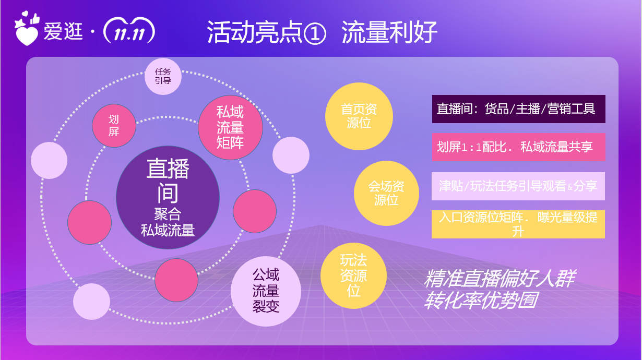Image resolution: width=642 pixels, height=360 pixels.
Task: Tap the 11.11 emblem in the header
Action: coord(129,31)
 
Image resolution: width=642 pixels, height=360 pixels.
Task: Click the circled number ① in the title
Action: coord(315,33)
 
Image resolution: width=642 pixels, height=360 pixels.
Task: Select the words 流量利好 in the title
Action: coord(389,32)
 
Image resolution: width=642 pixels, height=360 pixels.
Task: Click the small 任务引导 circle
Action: coord(163,77)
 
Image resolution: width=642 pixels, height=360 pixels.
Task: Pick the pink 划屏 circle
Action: coord(114,126)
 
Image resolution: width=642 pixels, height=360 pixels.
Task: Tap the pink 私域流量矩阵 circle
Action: coord(230,127)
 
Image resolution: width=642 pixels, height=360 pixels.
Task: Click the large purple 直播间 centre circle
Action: coord(168,197)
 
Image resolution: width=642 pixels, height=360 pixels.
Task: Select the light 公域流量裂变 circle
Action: coord(266,291)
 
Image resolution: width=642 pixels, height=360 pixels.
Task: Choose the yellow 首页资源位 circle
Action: coord(359,116)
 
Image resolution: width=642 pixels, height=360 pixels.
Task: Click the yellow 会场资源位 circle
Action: coord(386,194)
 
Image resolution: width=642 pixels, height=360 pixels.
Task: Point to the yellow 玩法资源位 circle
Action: coord(354,276)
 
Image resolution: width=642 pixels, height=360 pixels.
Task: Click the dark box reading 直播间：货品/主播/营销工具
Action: coord(519,109)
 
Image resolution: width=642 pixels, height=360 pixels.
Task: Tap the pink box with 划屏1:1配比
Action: coord(519,147)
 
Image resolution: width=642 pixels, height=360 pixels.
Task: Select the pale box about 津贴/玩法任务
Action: coord(518,186)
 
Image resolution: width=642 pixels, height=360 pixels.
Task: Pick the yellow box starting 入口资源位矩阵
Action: coord(518,224)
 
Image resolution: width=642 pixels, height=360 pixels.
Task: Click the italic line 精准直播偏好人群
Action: coord(500,279)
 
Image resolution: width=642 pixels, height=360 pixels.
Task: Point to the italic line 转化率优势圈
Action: coord(481,301)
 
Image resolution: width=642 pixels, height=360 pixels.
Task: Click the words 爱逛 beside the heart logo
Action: coord(63,31)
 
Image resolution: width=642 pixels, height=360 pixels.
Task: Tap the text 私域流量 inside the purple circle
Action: coord(168,230)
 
